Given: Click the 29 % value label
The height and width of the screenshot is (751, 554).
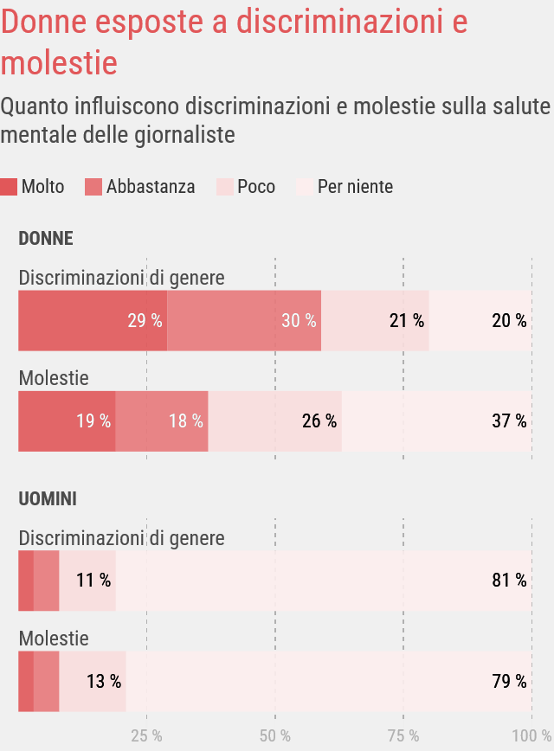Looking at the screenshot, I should click(145, 320).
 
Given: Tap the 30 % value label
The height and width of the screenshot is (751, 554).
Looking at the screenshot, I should click(299, 320).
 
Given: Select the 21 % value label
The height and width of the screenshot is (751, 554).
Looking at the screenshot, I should click(407, 320).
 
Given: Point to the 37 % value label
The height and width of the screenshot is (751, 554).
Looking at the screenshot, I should click(509, 421).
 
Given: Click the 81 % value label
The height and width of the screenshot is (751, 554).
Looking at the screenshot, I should click(509, 581).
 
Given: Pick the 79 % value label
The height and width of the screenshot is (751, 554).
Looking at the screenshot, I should click(509, 682).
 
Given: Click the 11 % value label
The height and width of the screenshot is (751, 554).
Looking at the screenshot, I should click(93, 581).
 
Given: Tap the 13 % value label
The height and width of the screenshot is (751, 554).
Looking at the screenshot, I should click(104, 682).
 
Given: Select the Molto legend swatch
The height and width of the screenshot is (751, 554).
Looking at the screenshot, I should click(10, 187).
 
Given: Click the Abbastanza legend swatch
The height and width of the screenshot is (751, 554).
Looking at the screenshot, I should click(93, 187).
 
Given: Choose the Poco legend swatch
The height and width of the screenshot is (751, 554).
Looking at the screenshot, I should click(224, 187).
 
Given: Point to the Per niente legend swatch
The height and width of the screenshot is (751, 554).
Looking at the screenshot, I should click(305, 187).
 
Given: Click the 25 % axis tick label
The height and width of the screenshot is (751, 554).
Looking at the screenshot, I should click(146, 736).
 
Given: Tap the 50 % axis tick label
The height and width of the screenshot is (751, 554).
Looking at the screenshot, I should click(274, 736).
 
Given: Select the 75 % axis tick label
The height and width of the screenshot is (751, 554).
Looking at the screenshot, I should click(403, 736).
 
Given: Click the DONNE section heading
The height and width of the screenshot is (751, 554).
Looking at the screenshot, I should click(46, 239).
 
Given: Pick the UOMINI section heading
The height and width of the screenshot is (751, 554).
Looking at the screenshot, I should click(48, 499).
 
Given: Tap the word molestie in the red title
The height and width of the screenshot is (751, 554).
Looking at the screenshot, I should click(59, 62).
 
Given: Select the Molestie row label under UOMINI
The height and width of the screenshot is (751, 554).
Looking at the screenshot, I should click(54, 639).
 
